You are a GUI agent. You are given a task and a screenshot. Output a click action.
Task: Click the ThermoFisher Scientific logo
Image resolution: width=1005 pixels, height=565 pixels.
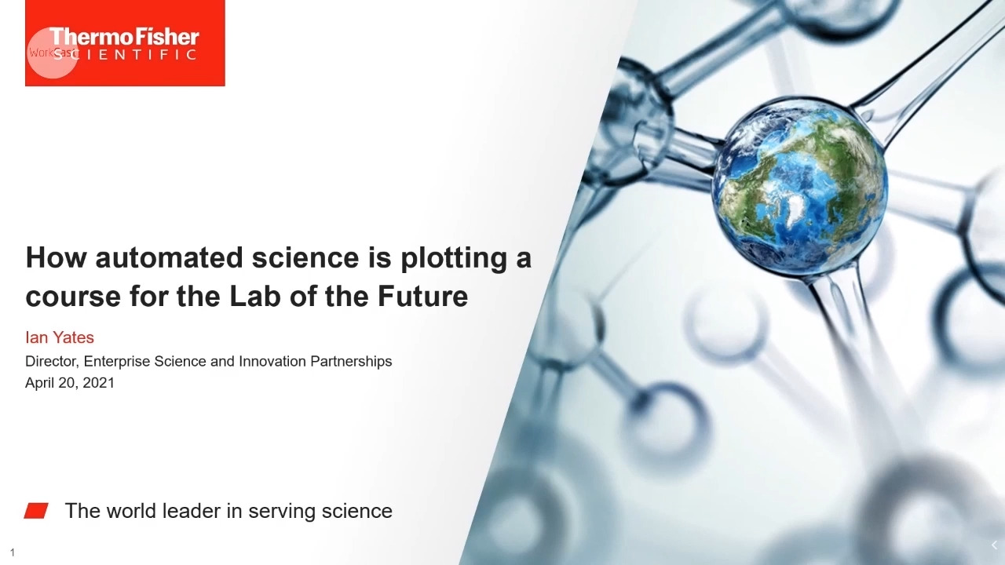125,42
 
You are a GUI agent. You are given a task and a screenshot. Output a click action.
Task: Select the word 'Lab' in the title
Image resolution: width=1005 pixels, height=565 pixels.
255,296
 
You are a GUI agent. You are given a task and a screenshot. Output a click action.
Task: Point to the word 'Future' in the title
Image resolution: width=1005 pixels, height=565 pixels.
422,296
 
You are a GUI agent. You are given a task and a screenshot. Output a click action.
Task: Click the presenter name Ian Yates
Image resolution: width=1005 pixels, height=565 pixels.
60,337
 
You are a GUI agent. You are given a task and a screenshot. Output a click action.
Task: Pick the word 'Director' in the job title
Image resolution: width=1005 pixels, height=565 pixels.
52,362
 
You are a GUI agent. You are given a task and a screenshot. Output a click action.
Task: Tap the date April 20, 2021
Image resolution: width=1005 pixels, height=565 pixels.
70,383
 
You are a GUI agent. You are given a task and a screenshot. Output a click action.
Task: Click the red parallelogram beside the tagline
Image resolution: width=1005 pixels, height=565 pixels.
36,511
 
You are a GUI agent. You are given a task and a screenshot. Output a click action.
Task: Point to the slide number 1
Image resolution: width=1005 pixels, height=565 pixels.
13,552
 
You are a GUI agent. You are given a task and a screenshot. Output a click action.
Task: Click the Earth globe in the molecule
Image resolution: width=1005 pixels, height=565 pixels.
799,188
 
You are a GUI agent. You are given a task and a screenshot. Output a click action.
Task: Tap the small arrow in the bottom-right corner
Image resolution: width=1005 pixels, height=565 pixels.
994,545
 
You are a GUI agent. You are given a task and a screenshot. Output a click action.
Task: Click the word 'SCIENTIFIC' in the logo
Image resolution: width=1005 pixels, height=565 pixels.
125,55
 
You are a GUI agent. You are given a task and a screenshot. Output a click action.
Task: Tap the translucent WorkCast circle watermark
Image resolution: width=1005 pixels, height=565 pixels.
53,53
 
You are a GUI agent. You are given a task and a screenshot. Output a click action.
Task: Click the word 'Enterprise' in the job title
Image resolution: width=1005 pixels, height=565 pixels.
117,362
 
